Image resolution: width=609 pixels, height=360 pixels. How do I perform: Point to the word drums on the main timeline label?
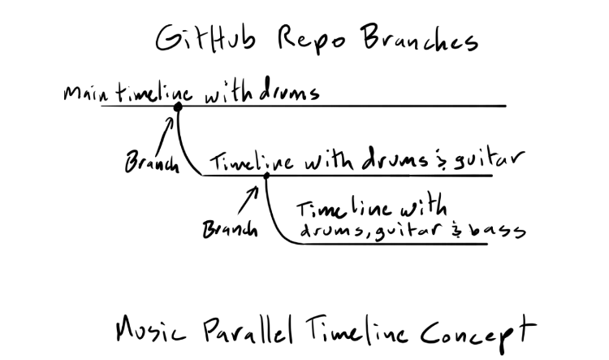click(x=287, y=93)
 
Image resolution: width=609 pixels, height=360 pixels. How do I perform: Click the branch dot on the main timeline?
click(x=177, y=106)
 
